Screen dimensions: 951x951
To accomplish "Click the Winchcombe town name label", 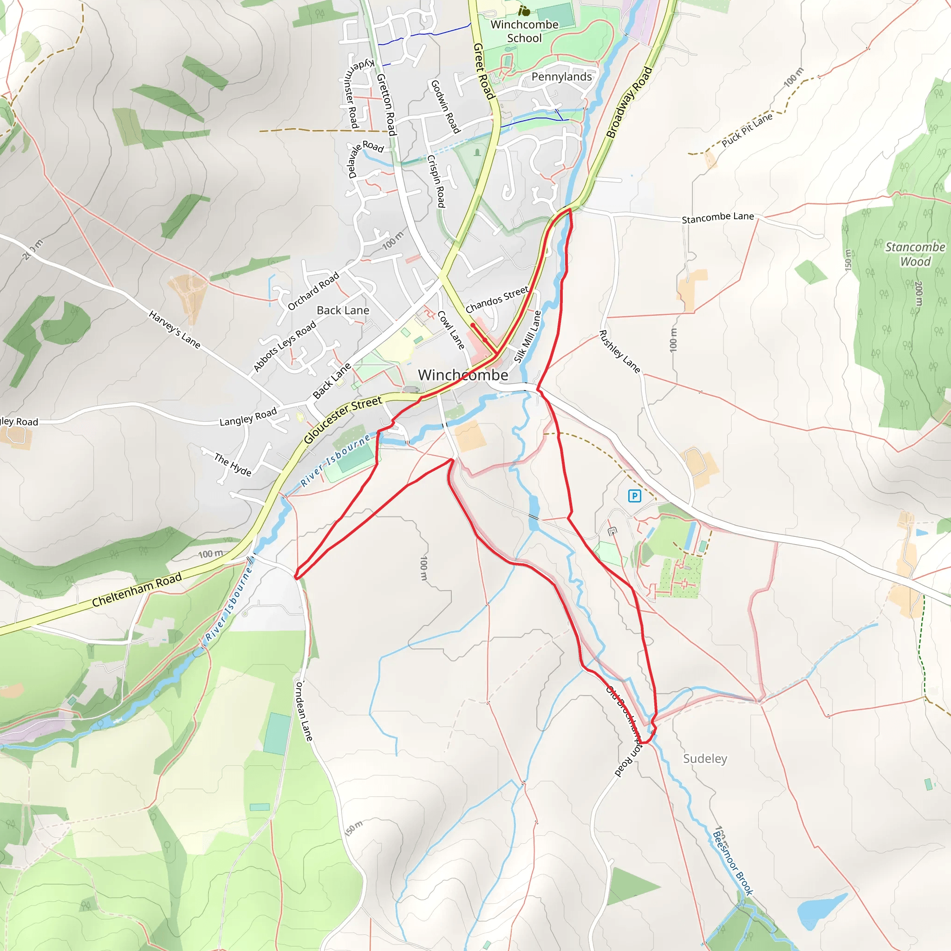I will point(462,375).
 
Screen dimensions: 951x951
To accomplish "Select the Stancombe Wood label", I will point(915,254).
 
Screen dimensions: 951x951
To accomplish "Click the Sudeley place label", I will point(705,759).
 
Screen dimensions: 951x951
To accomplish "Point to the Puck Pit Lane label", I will point(747,130).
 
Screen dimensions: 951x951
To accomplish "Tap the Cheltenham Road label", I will point(137,589).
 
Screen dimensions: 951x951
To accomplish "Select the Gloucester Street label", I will point(343,419).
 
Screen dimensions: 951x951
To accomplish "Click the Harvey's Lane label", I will point(175,330).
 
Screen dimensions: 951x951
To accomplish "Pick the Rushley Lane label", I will point(619,352).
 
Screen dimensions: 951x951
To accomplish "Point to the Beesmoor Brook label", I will point(733,863).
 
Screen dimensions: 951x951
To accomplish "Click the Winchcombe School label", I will point(524,31).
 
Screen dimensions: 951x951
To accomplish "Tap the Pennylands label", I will point(562,77).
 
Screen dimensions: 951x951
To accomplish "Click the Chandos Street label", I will point(497,300).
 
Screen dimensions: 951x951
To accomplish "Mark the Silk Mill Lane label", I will point(528,337).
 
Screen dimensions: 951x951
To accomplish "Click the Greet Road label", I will point(483,71).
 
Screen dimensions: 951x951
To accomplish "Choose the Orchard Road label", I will point(313,291).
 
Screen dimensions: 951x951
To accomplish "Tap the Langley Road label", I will point(248,417).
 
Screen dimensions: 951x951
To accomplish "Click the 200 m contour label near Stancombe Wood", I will point(918,293).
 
